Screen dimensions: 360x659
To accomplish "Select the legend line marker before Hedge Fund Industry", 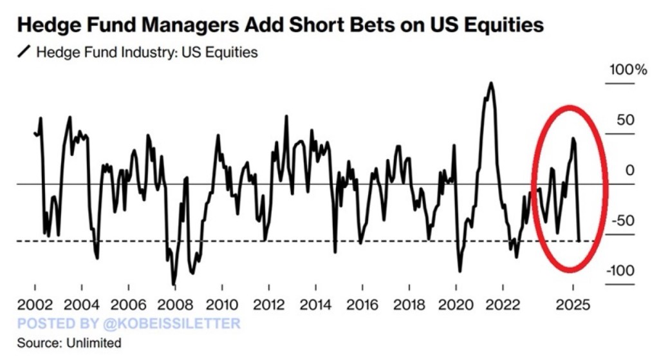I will pyautogui.click(x=24, y=52).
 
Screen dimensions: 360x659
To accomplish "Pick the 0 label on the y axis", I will pyautogui.click(x=630, y=171).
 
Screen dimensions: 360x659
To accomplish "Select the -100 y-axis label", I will pyautogui.click(x=620, y=271).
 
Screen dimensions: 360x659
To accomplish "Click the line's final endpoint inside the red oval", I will pyautogui.click(x=579, y=241).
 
